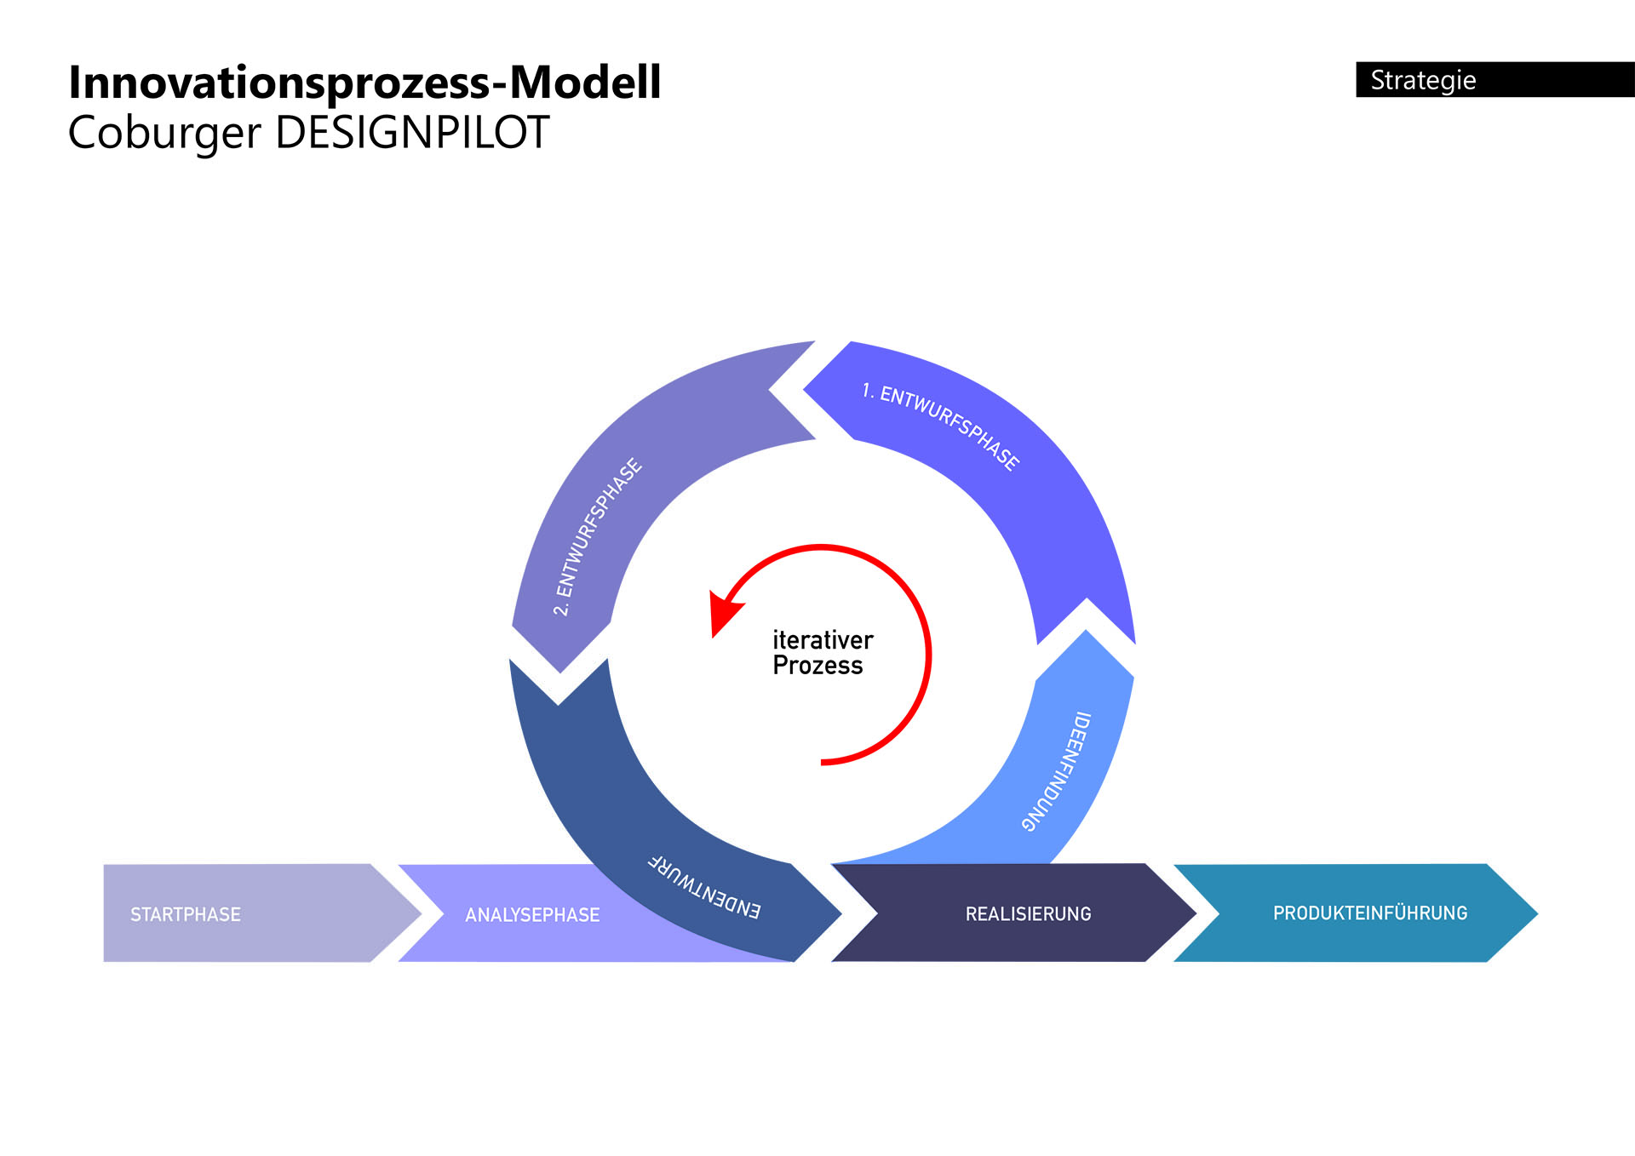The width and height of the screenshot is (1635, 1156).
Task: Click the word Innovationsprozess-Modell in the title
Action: (x=364, y=83)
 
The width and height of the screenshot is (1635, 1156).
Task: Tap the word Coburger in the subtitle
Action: (x=163, y=134)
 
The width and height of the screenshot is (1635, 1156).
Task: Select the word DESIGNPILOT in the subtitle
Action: (x=412, y=134)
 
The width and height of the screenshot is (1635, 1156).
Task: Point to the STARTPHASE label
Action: (x=186, y=914)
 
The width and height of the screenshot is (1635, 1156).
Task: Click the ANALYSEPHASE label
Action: (x=532, y=915)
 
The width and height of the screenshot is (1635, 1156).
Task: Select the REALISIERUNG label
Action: (x=1028, y=914)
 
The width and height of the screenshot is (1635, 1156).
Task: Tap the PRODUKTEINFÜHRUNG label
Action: (x=1370, y=913)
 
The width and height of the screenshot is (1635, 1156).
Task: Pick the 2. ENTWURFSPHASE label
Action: (x=597, y=537)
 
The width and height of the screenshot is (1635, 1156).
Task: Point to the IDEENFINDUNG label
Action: (x=1057, y=771)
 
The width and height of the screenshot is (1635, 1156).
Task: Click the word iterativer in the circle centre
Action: (x=823, y=640)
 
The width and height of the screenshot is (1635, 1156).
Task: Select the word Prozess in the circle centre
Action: (x=817, y=666)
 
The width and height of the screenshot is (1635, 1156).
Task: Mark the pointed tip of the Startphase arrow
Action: (x=419, y=914)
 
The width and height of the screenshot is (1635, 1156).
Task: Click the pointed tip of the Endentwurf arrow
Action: (x=840, y=915)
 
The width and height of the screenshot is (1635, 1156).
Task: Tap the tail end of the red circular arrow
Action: (x=823, y=763)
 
